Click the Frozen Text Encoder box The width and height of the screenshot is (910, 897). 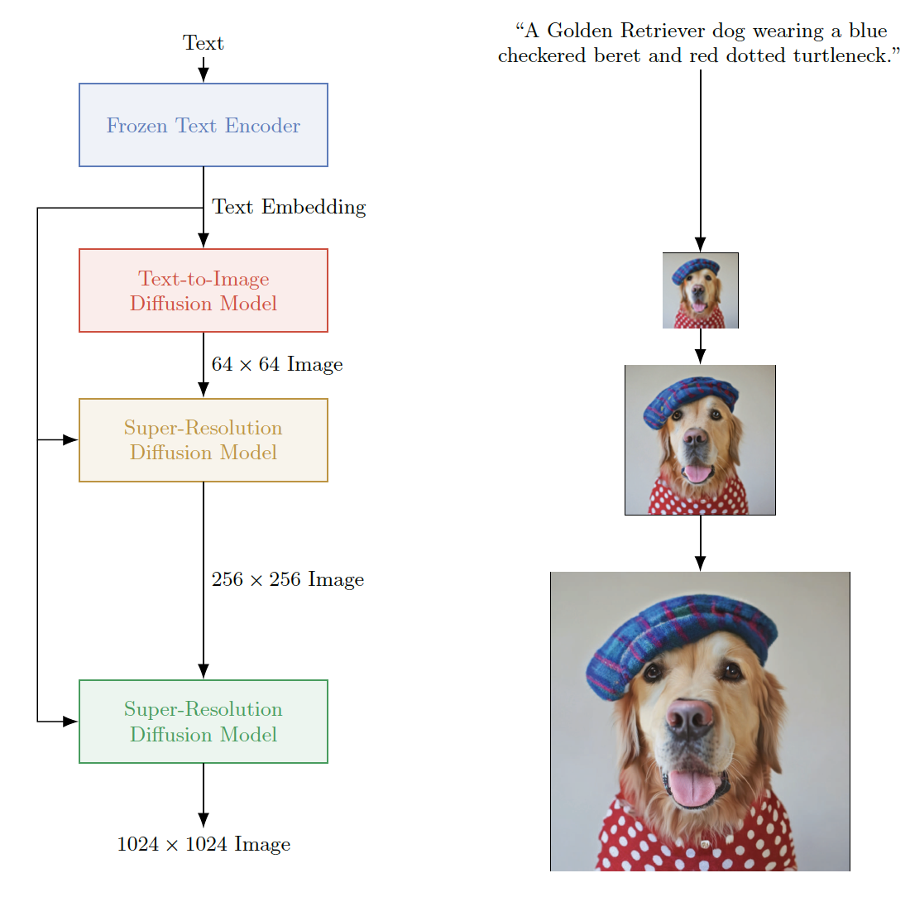point(203,125)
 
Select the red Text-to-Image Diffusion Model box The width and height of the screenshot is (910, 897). point(203,290)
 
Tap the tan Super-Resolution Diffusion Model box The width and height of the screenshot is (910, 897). point(203,439)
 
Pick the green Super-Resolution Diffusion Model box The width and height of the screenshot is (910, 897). point(203,721)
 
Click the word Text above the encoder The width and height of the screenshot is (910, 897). point(203,43)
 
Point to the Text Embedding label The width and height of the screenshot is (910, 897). point(289,207)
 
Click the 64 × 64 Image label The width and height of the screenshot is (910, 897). point(277,364)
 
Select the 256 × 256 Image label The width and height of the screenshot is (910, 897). point(288,579)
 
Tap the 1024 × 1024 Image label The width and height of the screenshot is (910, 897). point(204,844)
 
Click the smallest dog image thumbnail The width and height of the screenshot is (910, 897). point(700,290)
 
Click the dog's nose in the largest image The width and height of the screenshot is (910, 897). point(690,718)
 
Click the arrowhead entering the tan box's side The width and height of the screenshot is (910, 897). point(70,439)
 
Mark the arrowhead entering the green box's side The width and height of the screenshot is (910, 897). point(70,721)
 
